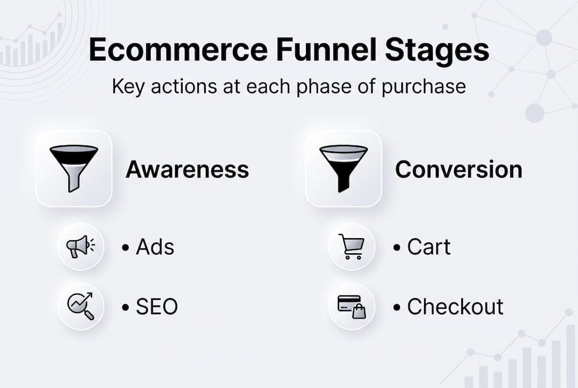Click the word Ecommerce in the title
(x=178, y=50)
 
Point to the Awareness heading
(x=187, y=169)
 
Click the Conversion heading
(x=458, y=169)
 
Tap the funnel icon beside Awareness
(x=74, y=169)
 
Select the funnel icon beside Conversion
(x=344, y=169)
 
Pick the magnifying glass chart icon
(x=80, y=306)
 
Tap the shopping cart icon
(x=351, y=247)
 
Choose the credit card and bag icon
(x=351, y=307)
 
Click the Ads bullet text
(x=155, y=247)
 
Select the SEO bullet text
(x=156, y=307)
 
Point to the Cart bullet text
(x=428, y=247)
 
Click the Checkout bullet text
(x=455, y=307)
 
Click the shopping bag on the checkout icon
(x=359, y=311)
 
